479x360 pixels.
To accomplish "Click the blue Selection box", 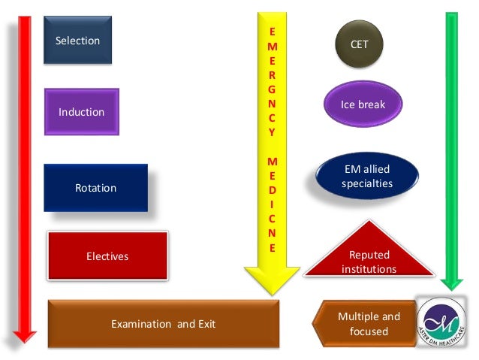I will click(77, 41).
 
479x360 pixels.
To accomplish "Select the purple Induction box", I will click(81, 112).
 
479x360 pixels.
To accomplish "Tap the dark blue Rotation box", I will click(95, 188).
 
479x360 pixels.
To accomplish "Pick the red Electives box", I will click(107, 256).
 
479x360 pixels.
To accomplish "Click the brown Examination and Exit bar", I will click(163, 324).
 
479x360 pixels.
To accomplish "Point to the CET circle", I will click(360, 44).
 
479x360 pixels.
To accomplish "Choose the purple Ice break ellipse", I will click(363, 104).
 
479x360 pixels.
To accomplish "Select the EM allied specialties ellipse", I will click(366, 177).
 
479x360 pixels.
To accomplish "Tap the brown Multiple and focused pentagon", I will click(364, 324).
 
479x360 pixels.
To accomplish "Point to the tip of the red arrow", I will click(25, 340).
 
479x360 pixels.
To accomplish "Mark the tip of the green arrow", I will click(451, 289).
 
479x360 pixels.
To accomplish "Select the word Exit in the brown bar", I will click(206, 324).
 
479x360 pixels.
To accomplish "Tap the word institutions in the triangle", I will click(369, 268).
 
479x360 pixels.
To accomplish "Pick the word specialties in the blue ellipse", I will click(367, 183).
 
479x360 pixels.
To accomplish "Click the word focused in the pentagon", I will click(369, 331).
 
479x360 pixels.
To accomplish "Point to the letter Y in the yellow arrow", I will click(272, 132).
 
